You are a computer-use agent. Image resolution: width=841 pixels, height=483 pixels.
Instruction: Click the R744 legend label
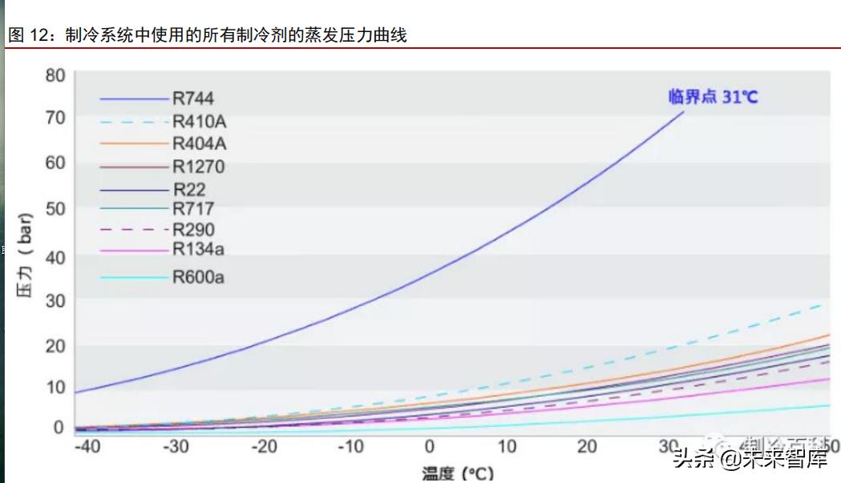(x=193, y=99)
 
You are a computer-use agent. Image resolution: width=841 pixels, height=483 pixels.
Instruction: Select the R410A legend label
(x=199, y=123)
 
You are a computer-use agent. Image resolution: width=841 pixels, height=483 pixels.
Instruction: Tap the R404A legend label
(x=199, y=144)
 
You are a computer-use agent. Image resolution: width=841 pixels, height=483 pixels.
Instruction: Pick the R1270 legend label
(x=198, y=167)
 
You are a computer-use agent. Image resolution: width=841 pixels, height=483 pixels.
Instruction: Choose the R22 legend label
(x=189, y=190)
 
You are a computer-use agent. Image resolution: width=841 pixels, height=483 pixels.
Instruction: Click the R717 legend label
(x=193, y=209)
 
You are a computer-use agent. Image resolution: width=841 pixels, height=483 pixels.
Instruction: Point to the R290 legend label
(x=193, y=230)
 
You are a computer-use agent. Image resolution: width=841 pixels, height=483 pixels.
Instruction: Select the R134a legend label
(x=198, y=249)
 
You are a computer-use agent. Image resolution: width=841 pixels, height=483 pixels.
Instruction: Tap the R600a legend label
(x=198, y=278)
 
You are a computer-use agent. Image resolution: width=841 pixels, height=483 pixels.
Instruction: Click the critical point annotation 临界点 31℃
(x=713, y=97)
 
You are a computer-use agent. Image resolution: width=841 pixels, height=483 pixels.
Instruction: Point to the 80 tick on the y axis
(x=55, y=75)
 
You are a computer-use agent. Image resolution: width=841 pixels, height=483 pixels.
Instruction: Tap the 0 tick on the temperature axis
(x=429, y=446)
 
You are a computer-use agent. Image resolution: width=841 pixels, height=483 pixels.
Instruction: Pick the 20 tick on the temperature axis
(x=588, y=446)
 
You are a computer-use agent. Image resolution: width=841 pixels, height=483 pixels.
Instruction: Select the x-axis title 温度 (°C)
(x=458, y=473)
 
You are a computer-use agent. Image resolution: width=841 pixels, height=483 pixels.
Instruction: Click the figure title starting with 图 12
(x=207, y=35)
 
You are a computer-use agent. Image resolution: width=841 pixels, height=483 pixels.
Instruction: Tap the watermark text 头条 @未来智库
(x=750, y=459)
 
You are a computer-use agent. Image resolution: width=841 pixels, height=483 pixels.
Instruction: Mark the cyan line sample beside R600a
(x=134, y=278)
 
